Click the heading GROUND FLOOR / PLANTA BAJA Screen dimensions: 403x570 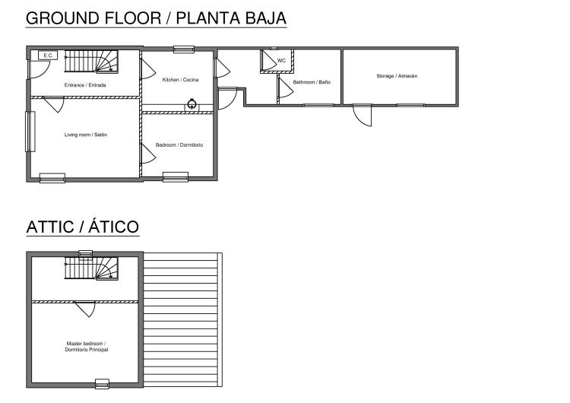[x=156, y=17]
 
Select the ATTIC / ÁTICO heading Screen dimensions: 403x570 [x=82, y=227]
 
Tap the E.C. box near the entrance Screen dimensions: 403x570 [x=48, y=56]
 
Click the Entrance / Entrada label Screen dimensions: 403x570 [x=85, y=85]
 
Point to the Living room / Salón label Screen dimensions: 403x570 [x=85, y=135]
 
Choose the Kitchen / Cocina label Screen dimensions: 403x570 [x=180, y=80]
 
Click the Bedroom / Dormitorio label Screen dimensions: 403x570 [x=179, y=145]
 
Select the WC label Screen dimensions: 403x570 [x=281, y=61]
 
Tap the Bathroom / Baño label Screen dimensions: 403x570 [x=312, y=82]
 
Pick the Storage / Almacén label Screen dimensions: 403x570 [x=397, y=76]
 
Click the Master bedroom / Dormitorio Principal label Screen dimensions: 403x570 [x=86, y=347]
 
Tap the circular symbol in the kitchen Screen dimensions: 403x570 [x=192, y=104]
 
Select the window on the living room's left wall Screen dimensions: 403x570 [x=30, y=132]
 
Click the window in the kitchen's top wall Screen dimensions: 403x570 [x=183, y=49]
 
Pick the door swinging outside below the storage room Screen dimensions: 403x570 [x=363, y=115]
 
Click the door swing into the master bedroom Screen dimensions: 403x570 [x=84, y=308]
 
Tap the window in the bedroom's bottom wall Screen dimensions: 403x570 [x=176, y=177]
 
